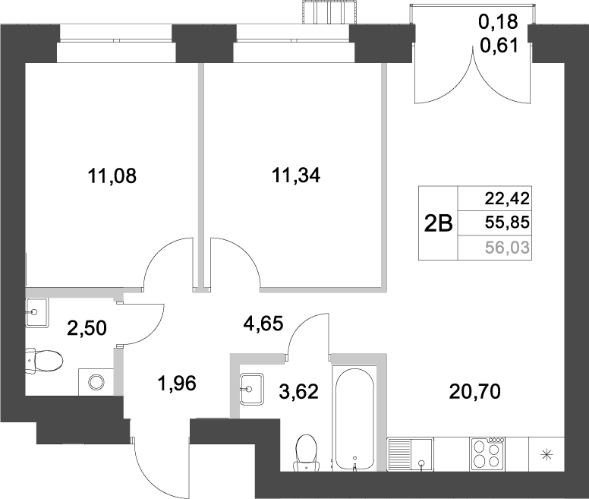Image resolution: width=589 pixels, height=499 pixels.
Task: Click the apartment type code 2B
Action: [x=437, y=223]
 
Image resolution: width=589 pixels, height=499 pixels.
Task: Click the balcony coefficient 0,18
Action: [x=499, y=23]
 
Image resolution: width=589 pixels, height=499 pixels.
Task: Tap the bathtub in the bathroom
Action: [x=354, y=418]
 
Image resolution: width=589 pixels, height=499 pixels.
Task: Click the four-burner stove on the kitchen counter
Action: [x=487, y=454]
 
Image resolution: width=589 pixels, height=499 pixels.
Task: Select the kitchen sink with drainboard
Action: [x=411, y=454]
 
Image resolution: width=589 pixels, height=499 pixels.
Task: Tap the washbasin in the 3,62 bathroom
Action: [x=252, y=389]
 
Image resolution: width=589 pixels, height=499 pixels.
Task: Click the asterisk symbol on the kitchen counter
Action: [x=546, y=455]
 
